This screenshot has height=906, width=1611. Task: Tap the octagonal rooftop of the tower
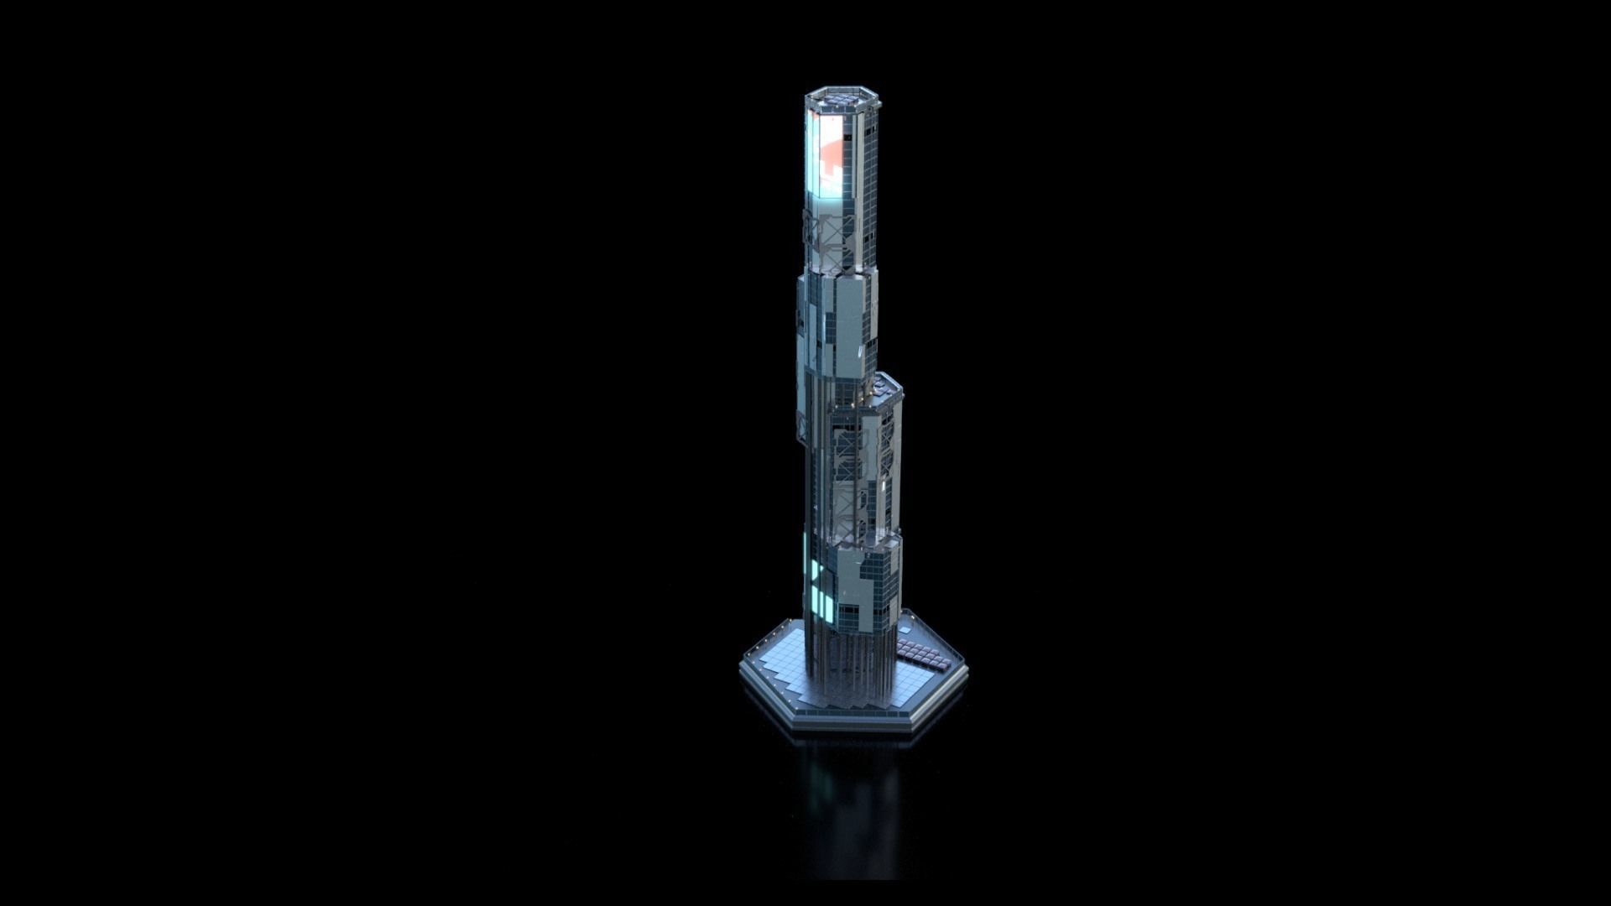843,100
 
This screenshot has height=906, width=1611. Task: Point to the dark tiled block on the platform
925,653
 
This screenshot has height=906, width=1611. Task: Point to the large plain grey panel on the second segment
843,319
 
